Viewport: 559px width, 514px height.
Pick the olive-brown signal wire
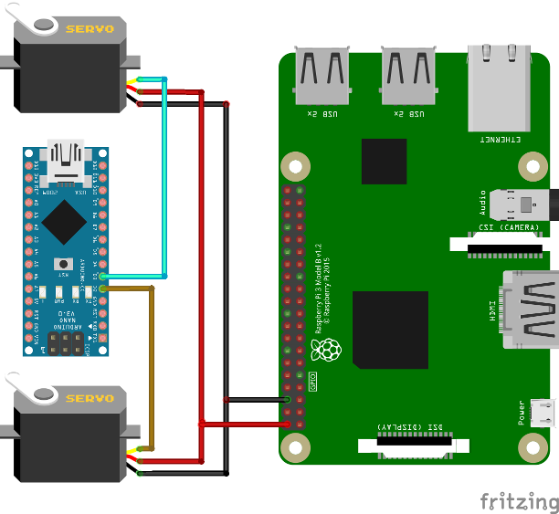tap(153, 365)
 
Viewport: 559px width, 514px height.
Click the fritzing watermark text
tap(519, 501)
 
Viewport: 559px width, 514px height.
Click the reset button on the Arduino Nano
tap(64, 264)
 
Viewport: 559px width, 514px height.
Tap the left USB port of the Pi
tap(322, 77)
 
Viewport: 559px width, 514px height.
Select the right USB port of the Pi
tap(408, 77)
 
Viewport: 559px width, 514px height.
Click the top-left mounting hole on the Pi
tap(294, 165)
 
